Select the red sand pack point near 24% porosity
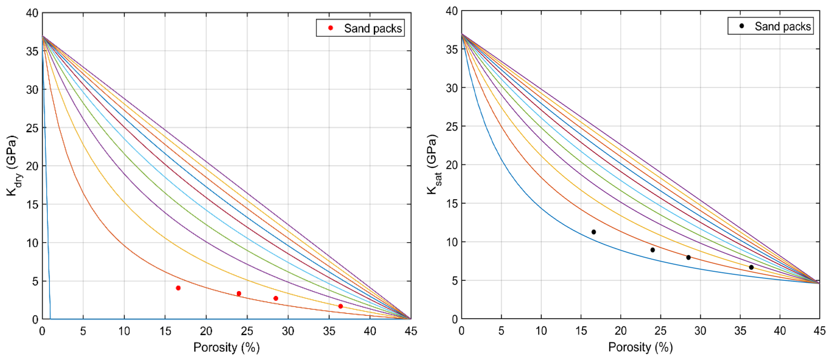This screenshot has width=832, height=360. click(x=239, y=293)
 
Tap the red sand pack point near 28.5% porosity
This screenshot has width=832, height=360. click(x=276, y=298)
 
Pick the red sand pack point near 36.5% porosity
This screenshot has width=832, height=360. click(x=340, y=306)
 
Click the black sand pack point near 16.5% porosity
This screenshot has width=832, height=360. click(x=594, y=232)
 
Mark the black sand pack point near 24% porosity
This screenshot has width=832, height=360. click(x=653, y=250)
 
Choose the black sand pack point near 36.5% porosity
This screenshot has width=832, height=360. click(x=752, y=267)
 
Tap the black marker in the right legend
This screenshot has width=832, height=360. click(x=742, y=26)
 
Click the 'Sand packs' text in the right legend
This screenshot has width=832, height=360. click(x=783, y=26)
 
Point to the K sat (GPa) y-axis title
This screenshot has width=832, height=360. click(x=433, y=164)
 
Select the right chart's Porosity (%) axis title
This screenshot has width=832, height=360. click(x=641, y=347)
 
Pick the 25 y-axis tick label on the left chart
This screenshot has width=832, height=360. click(x=32, y=128)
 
